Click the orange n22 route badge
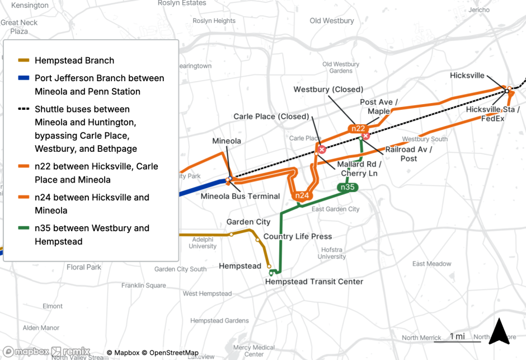(x=358, y=128)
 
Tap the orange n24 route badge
(x=302, y=195)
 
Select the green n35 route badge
(x=347, y=187)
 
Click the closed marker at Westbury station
(x=366, y=136)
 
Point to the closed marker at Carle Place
(x=322, y=149)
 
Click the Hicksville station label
(x=467, y=76)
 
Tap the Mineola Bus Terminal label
(x=240, y=196)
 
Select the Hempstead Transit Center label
(x=314, y=282)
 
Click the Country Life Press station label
(x=298, y=236)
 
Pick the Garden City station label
(x=248, y=222)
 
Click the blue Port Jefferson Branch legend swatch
(x=25, y=78)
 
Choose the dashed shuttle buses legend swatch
(x=25, y=109)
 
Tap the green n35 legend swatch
(x=25, y=228)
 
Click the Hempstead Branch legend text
(x=74, y=60)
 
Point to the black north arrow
(x=498, y=331)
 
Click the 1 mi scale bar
(x=457, y=337)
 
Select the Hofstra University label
(x=332, y=253)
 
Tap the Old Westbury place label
(x=332, y=21)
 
